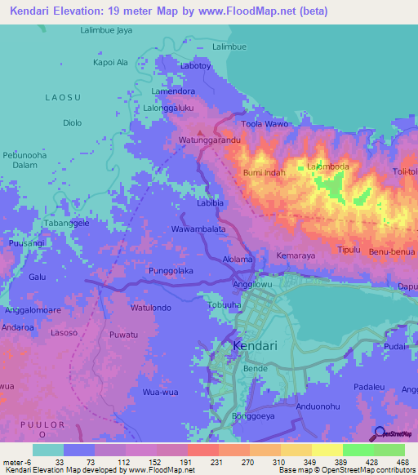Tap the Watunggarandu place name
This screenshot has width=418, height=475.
(x=209, y=140)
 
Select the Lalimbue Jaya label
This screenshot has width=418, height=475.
(x=106, y=31)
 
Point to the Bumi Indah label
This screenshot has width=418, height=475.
(x=263, y=173)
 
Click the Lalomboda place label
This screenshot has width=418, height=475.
(x=327, y=166)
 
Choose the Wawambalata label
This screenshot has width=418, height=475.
(x=198, y=230)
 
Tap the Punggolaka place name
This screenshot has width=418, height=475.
(x=171, y=270)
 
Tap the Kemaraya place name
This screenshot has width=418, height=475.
(x=296, y=256)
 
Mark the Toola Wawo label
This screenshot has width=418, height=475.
(x=265, y=125)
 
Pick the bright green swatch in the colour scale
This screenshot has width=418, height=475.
(x=358, y=450)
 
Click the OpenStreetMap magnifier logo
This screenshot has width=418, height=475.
(x=379, y=433)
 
